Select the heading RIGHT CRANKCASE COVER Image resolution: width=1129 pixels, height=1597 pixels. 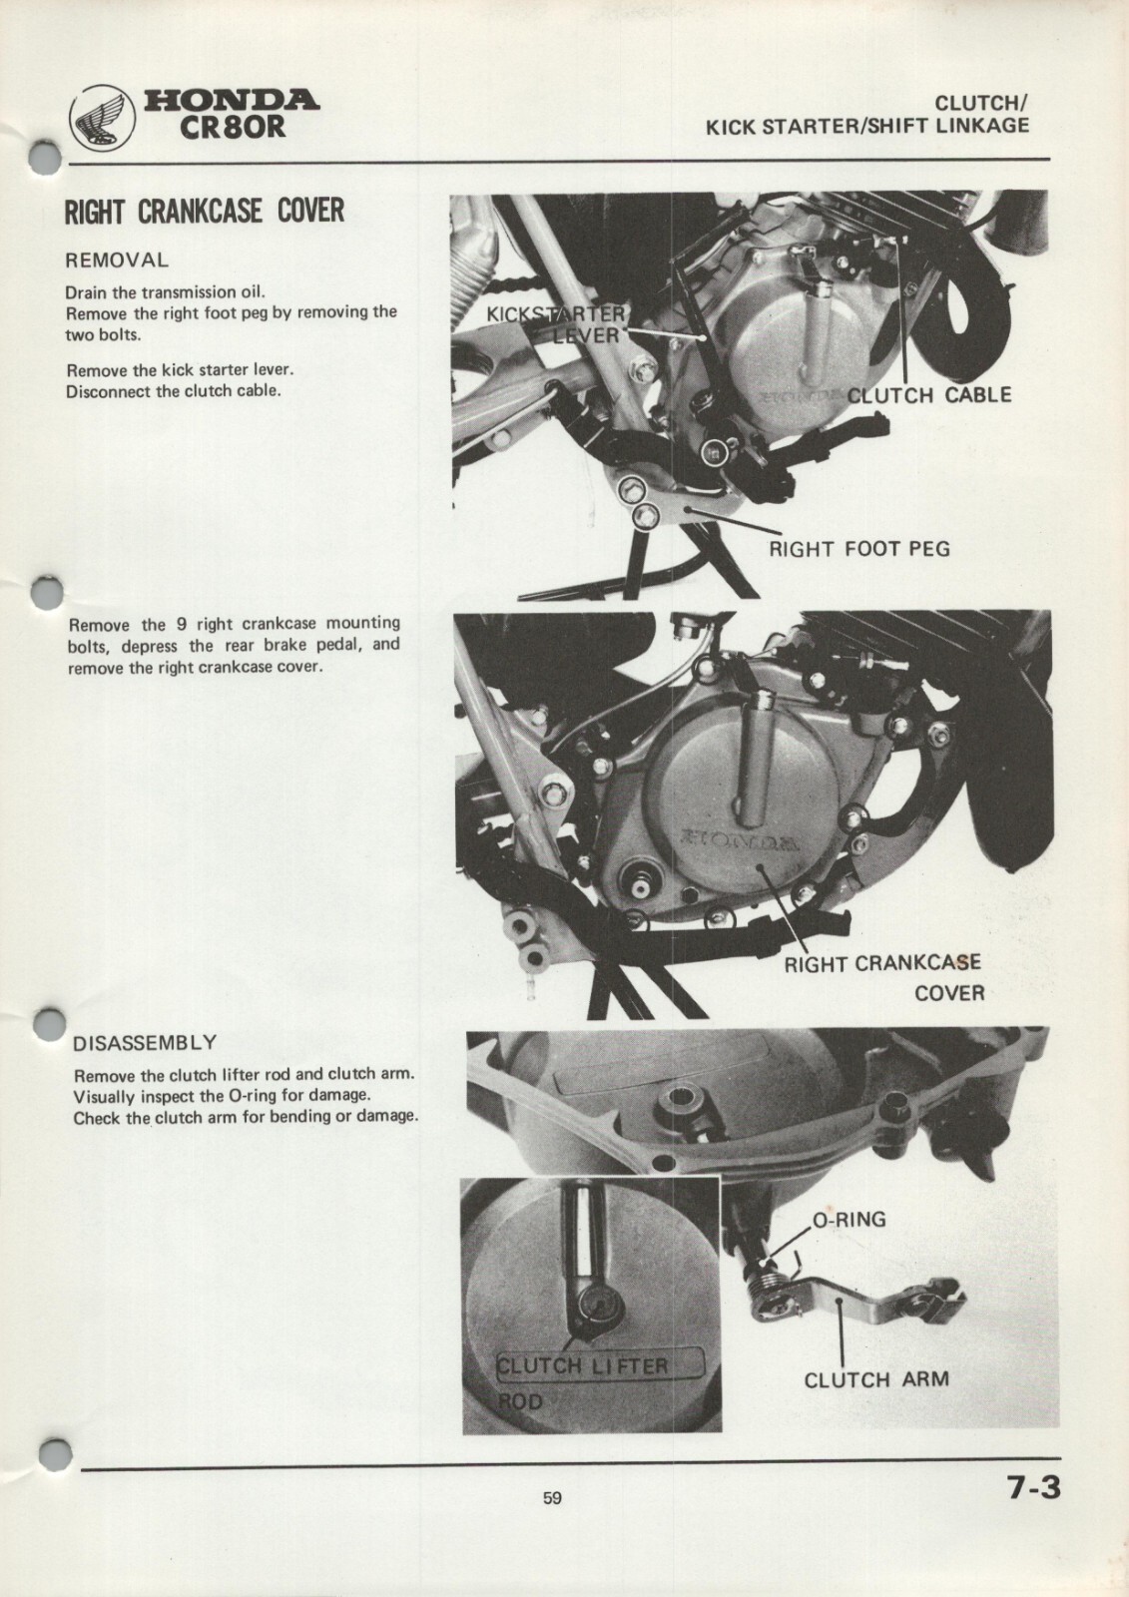click(204, 212)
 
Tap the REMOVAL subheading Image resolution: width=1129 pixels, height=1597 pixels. click(117, 261)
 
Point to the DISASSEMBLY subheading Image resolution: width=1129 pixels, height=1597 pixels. click(145, 1044)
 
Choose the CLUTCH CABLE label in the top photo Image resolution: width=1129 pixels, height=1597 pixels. click(928, 394)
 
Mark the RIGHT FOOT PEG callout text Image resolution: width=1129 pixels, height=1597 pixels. click(858, 548)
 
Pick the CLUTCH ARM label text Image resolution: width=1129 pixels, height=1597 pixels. click(875, 1380)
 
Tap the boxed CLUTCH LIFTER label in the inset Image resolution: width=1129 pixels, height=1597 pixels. click(599, 1364)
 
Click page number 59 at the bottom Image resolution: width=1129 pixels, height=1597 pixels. click(552, 1497)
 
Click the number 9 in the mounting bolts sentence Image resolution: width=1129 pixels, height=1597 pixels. click(182, 625)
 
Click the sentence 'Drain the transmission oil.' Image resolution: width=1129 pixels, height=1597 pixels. click(165, 292)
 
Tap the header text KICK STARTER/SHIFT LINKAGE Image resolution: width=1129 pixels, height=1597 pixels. click(866, 126)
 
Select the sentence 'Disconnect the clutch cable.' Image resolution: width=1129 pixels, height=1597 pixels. click(173, 390)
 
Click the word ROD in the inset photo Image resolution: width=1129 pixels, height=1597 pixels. click(521, 1401)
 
